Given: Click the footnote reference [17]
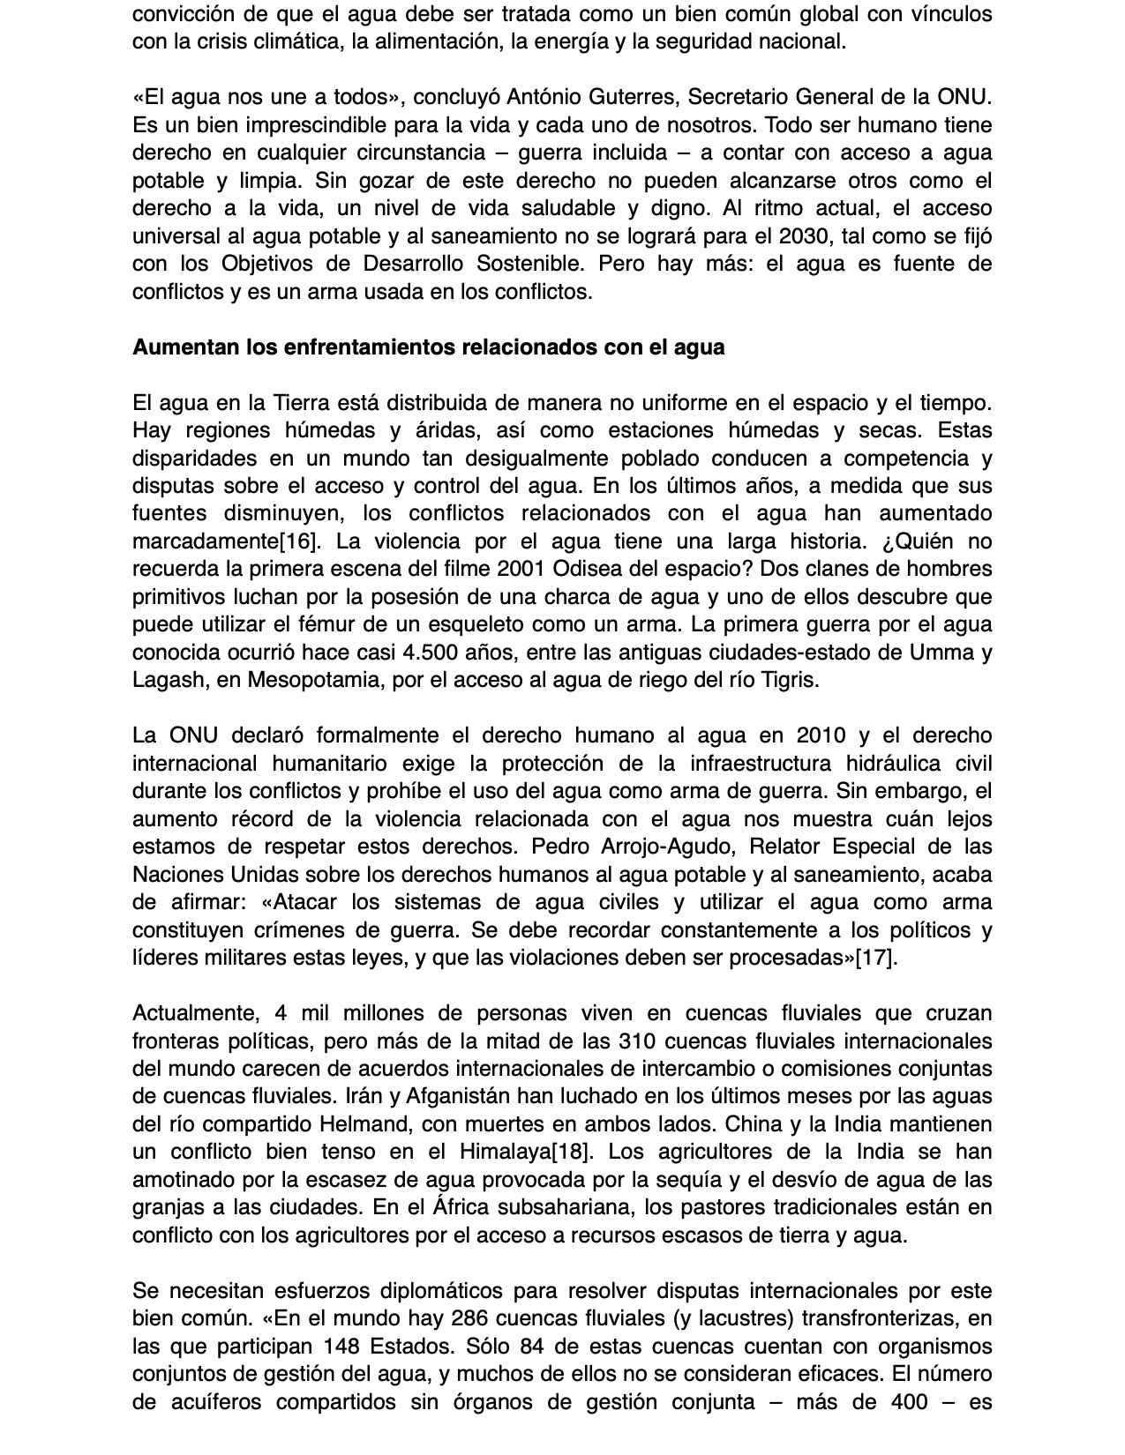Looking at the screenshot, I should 876,958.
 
